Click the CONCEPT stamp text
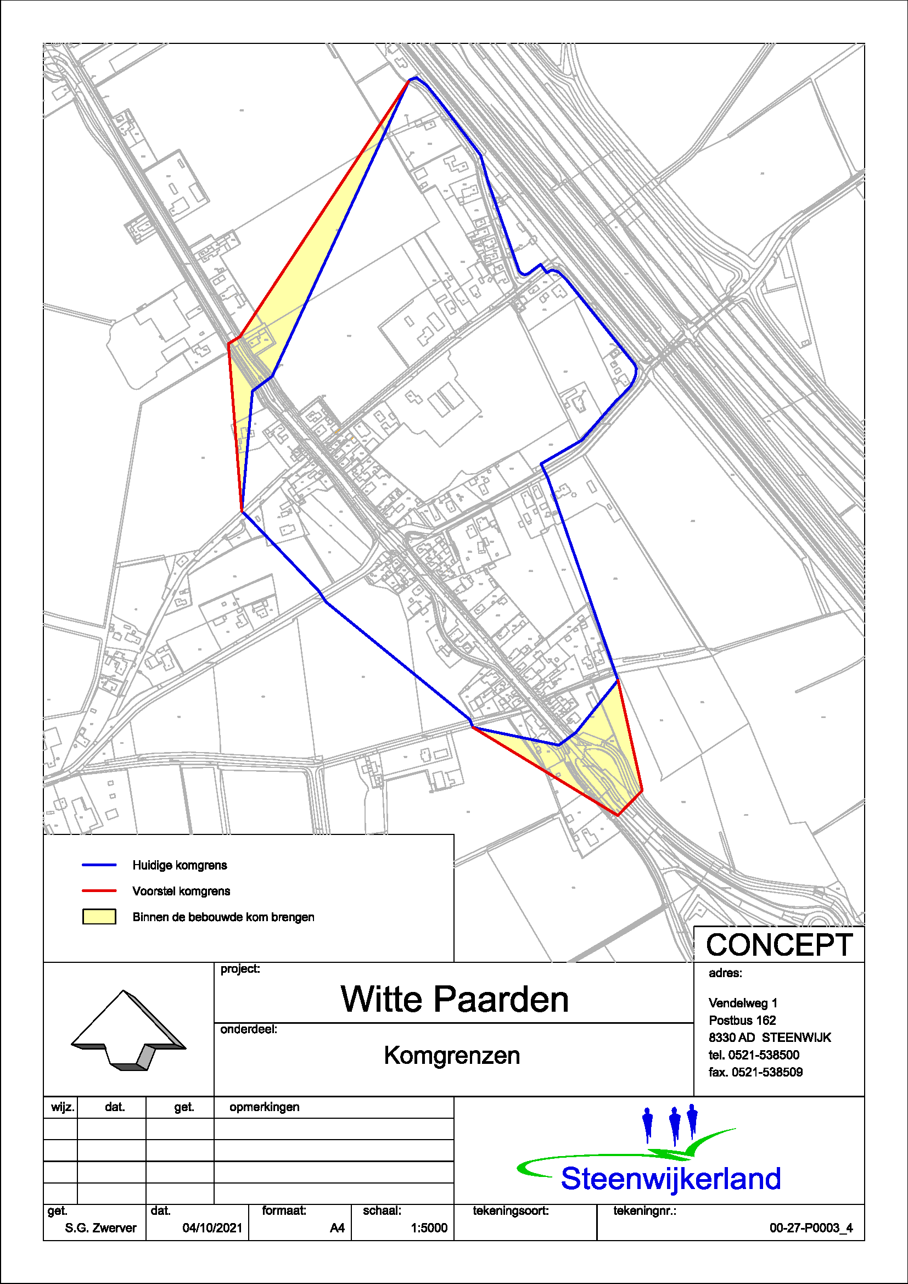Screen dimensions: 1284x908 coord(779,945)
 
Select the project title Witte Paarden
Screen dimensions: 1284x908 coord(454,999)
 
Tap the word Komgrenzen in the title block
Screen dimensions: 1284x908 coord(452,1056)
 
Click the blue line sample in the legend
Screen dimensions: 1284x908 coord(99,865)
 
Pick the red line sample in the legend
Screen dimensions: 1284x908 coord(99,891)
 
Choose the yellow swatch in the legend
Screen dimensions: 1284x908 coord(99,917)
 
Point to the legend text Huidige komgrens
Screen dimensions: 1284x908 coord(180,865)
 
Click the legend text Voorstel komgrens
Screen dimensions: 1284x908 coord(181,891)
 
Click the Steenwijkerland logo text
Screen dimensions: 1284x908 coord(670,1178)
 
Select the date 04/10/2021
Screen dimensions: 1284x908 coord(212,1227)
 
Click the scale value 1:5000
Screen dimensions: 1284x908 coord(429,1227)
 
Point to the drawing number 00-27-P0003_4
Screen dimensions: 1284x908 coord(811,1227)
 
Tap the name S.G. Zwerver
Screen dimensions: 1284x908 coord(100,1227)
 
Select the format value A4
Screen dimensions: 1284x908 coord(337,1227)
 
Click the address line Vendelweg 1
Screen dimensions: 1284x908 coord(743,1003)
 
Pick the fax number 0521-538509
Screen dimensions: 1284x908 coord(755,1072)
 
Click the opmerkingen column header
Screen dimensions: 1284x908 coord(265,1107)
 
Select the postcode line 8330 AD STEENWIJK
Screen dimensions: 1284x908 coord(769,1038)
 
